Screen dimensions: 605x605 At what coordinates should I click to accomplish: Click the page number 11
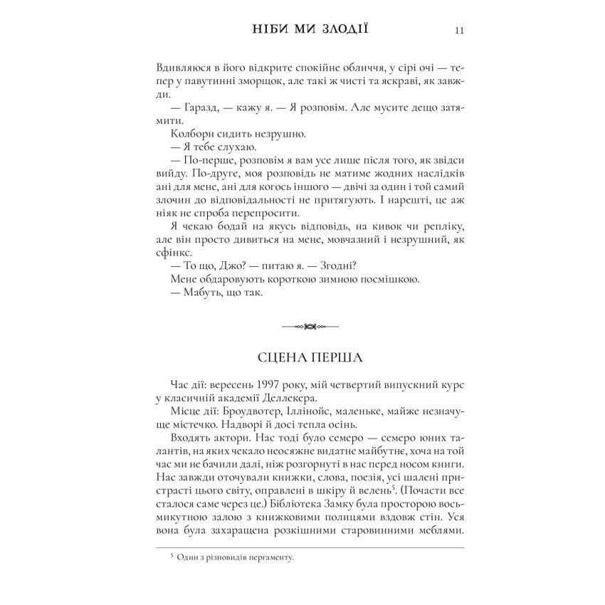(x=459, y=31)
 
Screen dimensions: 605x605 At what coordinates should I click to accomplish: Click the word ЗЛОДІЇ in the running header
(x=344, y=30)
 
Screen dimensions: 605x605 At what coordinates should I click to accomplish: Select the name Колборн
(x=194, y=133)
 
